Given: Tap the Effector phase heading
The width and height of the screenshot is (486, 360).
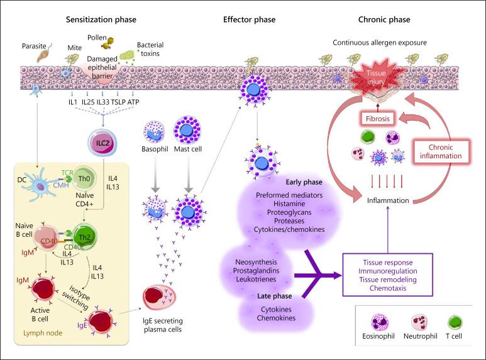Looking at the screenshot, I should pyautogui.click(x=249, y=20).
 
